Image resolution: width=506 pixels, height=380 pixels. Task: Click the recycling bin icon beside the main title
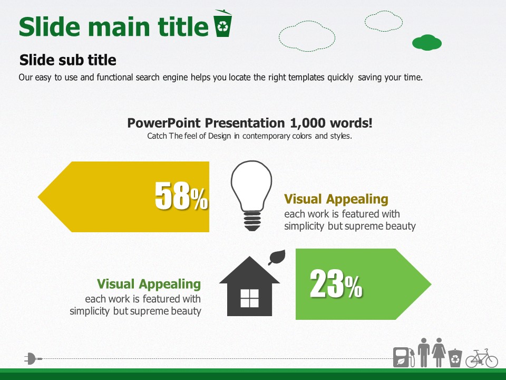(222, 23)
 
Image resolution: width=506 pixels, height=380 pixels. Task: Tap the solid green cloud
(426, 43)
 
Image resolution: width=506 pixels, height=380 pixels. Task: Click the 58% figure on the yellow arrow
(181, 195)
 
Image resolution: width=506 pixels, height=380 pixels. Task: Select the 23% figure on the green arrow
(336, 284)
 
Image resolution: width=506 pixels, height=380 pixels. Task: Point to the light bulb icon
(251, 195)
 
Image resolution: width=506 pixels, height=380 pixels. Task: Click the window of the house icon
(249, 298)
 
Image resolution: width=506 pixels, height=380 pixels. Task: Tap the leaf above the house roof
(277, 257)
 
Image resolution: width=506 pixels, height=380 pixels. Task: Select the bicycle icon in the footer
(481, 358)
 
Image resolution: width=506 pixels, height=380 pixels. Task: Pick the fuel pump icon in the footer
(404, 357)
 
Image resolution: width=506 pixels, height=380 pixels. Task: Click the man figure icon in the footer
(424, 352)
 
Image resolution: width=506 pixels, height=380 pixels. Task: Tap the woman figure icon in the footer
(439, 352)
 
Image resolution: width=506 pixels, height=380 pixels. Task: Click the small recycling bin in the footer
(455, 358)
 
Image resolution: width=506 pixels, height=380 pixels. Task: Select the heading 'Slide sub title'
(68, 60)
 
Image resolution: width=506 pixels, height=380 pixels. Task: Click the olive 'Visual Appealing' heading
(336, 199)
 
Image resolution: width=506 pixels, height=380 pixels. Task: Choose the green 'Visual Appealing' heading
(149, 284)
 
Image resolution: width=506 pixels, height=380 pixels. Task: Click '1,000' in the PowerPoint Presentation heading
(308, 123)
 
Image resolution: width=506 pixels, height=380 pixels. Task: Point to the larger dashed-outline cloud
(307, 36)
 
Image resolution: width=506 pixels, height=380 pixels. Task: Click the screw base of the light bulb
(252, 221)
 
